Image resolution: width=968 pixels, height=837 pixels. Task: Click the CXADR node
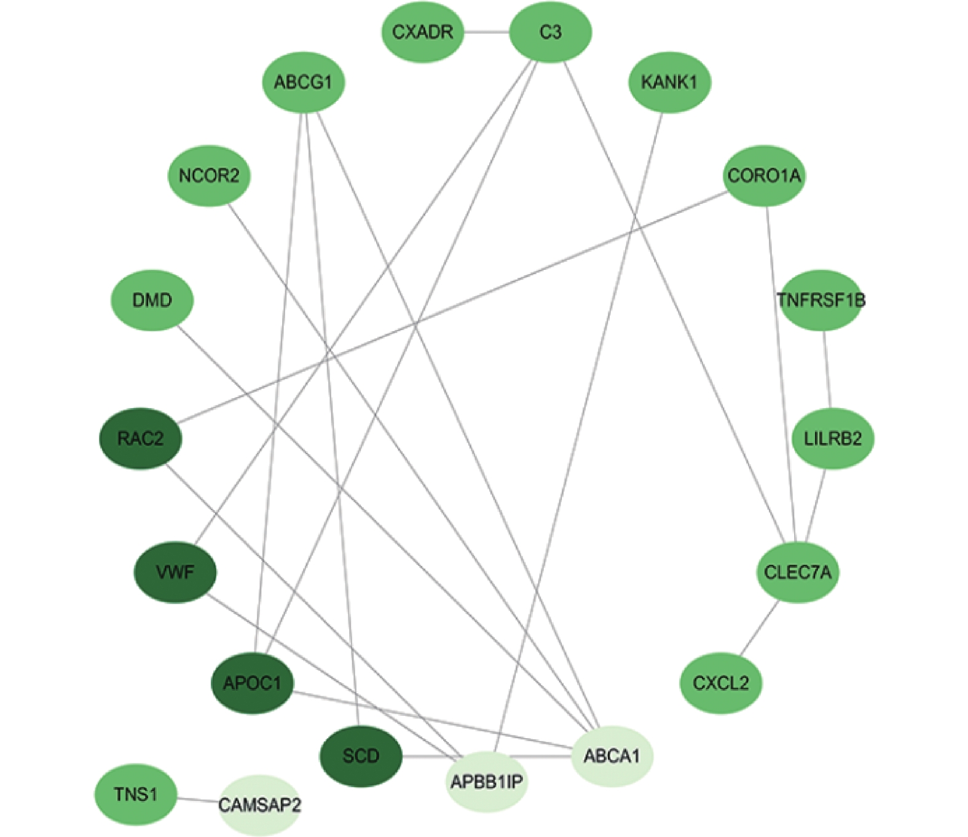click(x=422, y=32)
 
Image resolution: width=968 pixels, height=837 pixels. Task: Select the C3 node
click(x=550, y=32)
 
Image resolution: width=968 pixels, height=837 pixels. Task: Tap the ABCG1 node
click(x=303, y=82)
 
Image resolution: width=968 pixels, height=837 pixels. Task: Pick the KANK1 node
click(x=669, y=82)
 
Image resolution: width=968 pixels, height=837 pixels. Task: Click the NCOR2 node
click(x=209, y=176)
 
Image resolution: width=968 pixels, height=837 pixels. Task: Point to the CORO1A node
click(x=764, y=176)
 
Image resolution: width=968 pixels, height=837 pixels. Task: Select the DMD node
click(x=152, y=301)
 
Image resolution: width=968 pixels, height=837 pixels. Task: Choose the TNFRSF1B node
click(x=820, y=301)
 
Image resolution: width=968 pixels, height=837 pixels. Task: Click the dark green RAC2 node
click(x=141, y=439)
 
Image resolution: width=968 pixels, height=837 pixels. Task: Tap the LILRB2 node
click(x=833, y=439)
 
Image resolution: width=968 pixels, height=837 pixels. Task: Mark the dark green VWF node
click(x=175, y=573)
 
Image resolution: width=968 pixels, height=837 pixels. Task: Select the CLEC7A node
click(x=797, y=573)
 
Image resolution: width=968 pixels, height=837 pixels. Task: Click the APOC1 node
click(x=252, y=683)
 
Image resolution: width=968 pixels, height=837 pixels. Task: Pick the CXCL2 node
click(x=721, y=683)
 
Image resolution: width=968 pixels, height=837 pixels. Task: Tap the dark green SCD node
click(x=361, y=756)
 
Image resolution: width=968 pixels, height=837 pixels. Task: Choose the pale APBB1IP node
click(x=486, y=782)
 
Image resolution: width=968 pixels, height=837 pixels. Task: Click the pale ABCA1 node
click(x=612, y=756)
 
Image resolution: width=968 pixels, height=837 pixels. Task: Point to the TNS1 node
click(x=136, y=795)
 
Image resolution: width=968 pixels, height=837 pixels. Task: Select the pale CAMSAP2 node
click(x=259, y=805)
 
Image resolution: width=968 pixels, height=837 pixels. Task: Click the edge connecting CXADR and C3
click(x=486, y=32)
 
